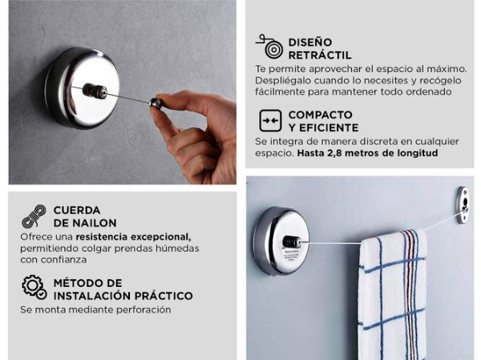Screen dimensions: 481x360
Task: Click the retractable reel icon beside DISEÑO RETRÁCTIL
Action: click(270, 47)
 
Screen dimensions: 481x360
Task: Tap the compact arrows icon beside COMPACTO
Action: click(270, 120)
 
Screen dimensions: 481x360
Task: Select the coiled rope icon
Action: click(34, 216)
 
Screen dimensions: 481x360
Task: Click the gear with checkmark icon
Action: click(34, 287)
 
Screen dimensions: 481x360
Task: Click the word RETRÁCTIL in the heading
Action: click(320, 55)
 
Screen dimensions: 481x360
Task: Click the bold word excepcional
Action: click(161, 237)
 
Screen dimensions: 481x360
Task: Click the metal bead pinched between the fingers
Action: click(156, 103)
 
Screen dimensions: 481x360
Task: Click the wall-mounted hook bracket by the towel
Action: click(463, 205)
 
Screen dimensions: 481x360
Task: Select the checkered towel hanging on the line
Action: click(393, 295)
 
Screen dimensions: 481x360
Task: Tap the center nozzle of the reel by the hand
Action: click(95, 91)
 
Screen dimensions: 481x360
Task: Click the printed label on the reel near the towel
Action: click(291, 255)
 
